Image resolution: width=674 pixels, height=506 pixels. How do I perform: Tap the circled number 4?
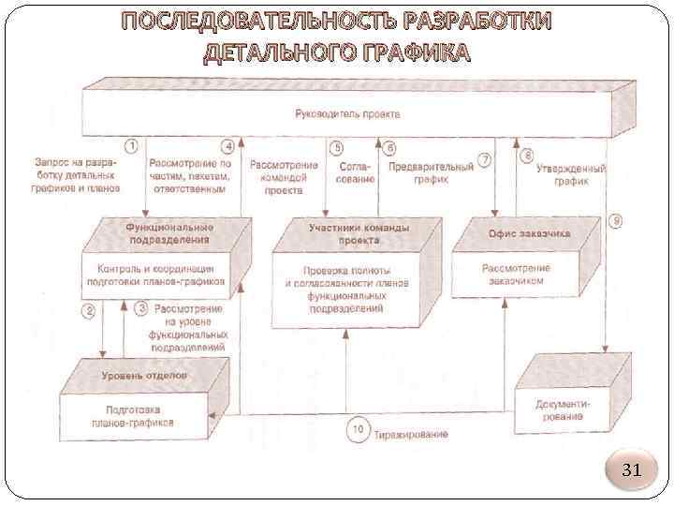[227, 146]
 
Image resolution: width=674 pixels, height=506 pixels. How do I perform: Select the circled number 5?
[336, 147]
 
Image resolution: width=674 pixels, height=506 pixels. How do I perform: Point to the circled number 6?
[390, 147]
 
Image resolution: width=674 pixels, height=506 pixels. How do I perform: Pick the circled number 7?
[484, 159]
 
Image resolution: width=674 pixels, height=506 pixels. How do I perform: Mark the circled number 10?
[359, 431]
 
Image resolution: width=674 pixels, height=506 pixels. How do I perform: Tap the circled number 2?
[89, 310]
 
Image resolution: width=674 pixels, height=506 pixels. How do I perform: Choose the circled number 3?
[141, 306]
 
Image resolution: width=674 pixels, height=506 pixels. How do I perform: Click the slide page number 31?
[632, 469]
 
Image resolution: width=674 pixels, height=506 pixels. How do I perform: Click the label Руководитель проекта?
[347, 113]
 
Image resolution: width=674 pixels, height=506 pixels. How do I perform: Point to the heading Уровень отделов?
[143, 375]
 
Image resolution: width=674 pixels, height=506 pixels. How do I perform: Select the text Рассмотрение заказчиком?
[516, 274]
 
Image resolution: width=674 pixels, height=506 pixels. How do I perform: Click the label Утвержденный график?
[570, 175]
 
